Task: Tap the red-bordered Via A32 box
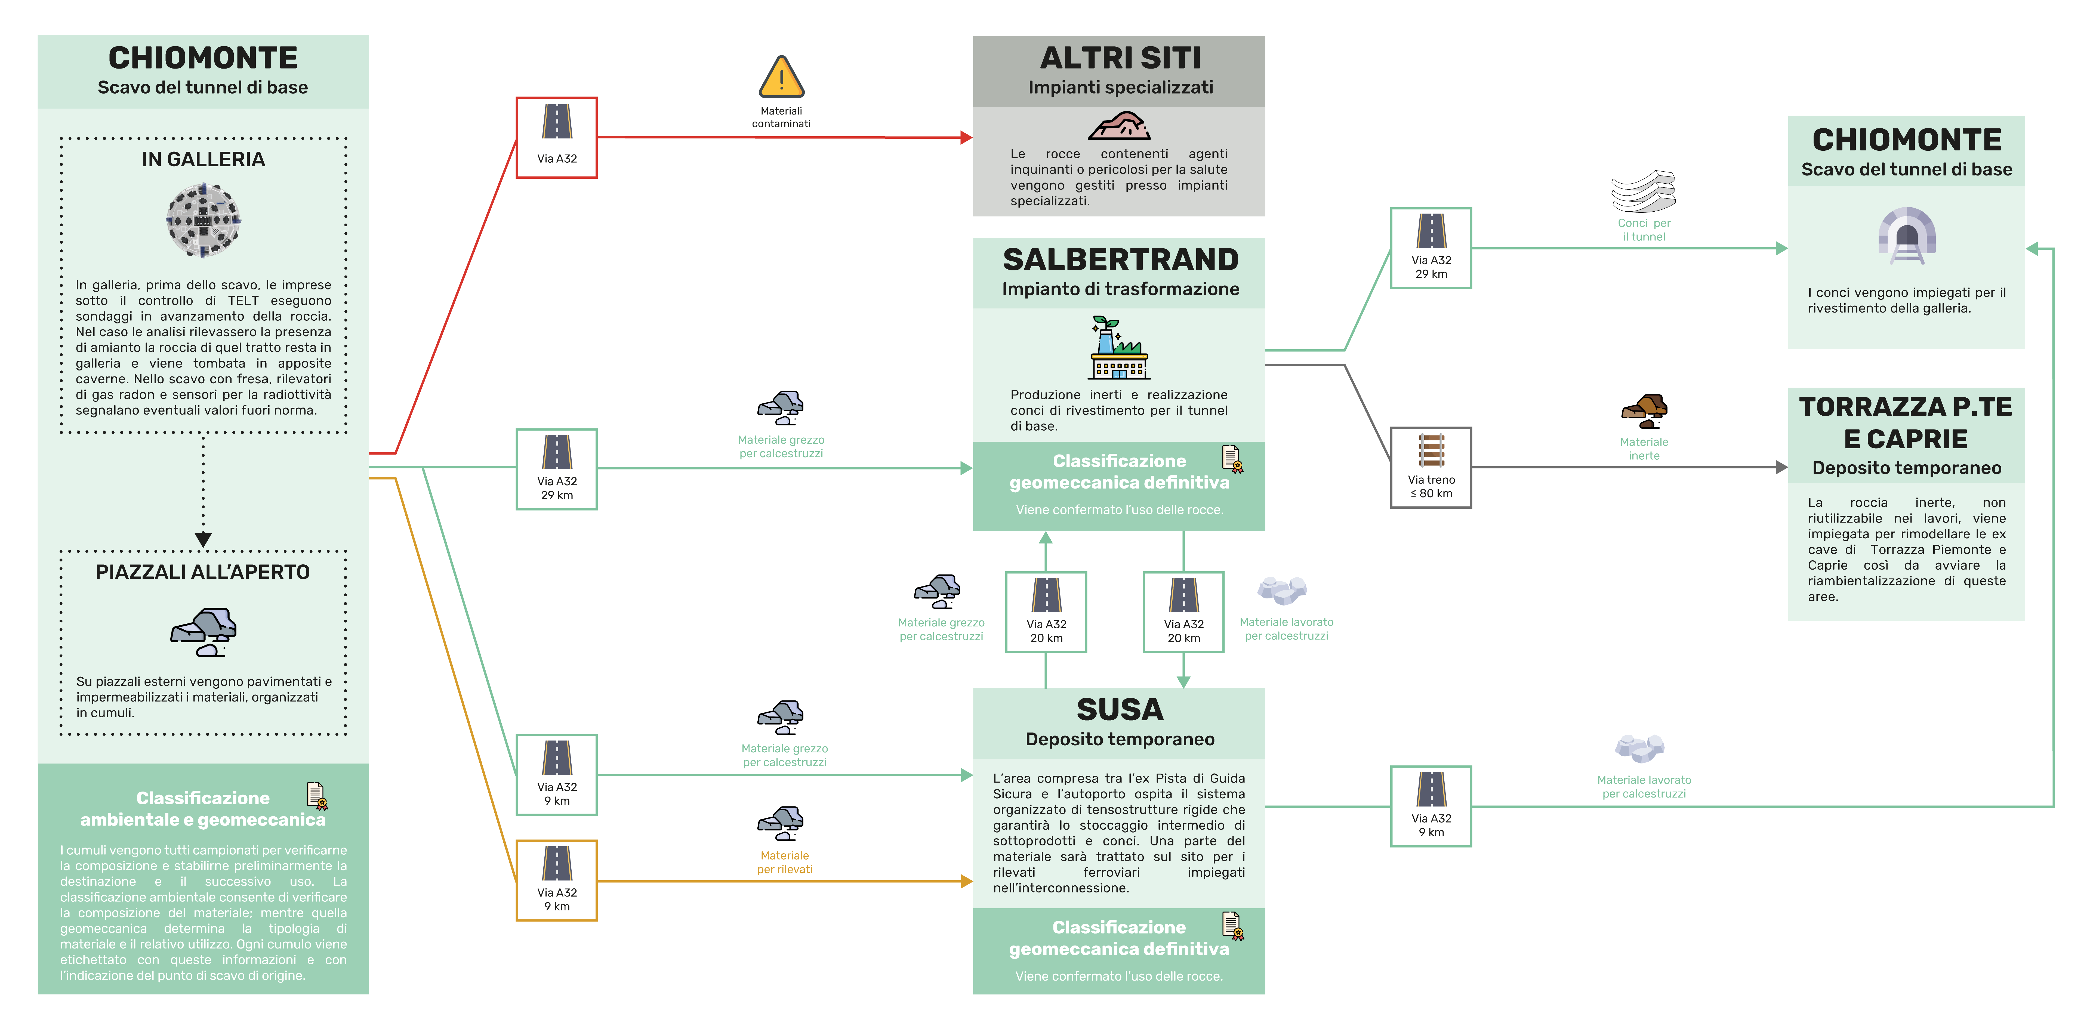[x=557, y=137]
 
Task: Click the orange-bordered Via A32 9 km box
[x=557, y=880]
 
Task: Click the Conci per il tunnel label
[x=1644, y=230]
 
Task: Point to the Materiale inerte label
[x=1644, y=449]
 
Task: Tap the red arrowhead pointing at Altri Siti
[x=966, y=138]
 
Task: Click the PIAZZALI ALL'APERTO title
[x=203, y=572]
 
